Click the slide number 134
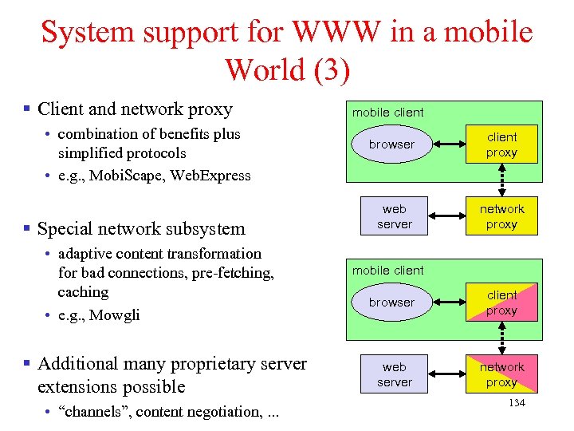[x=517, y=403]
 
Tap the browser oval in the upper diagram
[x=391, y=144]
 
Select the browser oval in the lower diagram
[x=391, y=302]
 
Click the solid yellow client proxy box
[x=501, y=144]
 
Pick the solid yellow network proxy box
[x=501, y=216]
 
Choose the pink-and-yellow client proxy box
[x=501, y=302]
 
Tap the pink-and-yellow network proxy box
[x=501, y=374]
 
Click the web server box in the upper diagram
[x=395, y=216]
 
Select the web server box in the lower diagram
[x=395, y=374]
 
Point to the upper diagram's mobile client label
[x=388, y=113]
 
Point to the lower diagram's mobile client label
[x=388, y=271]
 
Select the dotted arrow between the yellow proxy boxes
[x=501, y=180]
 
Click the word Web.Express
[x=213, y=176]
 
